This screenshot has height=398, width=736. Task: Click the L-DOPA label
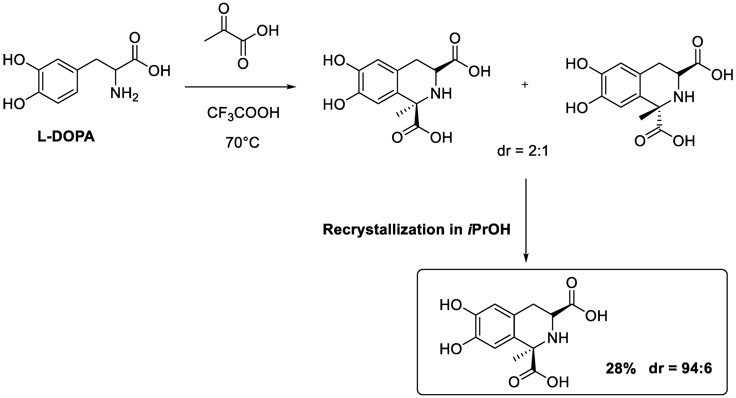pyautogui.click(x=66, y=137)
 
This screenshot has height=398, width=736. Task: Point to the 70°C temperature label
pyautogui.click(x=243, y=142)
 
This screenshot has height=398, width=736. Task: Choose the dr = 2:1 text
pyautogui.click(x=523, y=151)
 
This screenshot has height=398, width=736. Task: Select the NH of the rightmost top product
pyautogui.click(x=684, y=98)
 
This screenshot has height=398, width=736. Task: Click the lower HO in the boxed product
pyautogui.click(x=451, y=349)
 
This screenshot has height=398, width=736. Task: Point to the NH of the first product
pyautogui.click(x=441, y=94)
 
